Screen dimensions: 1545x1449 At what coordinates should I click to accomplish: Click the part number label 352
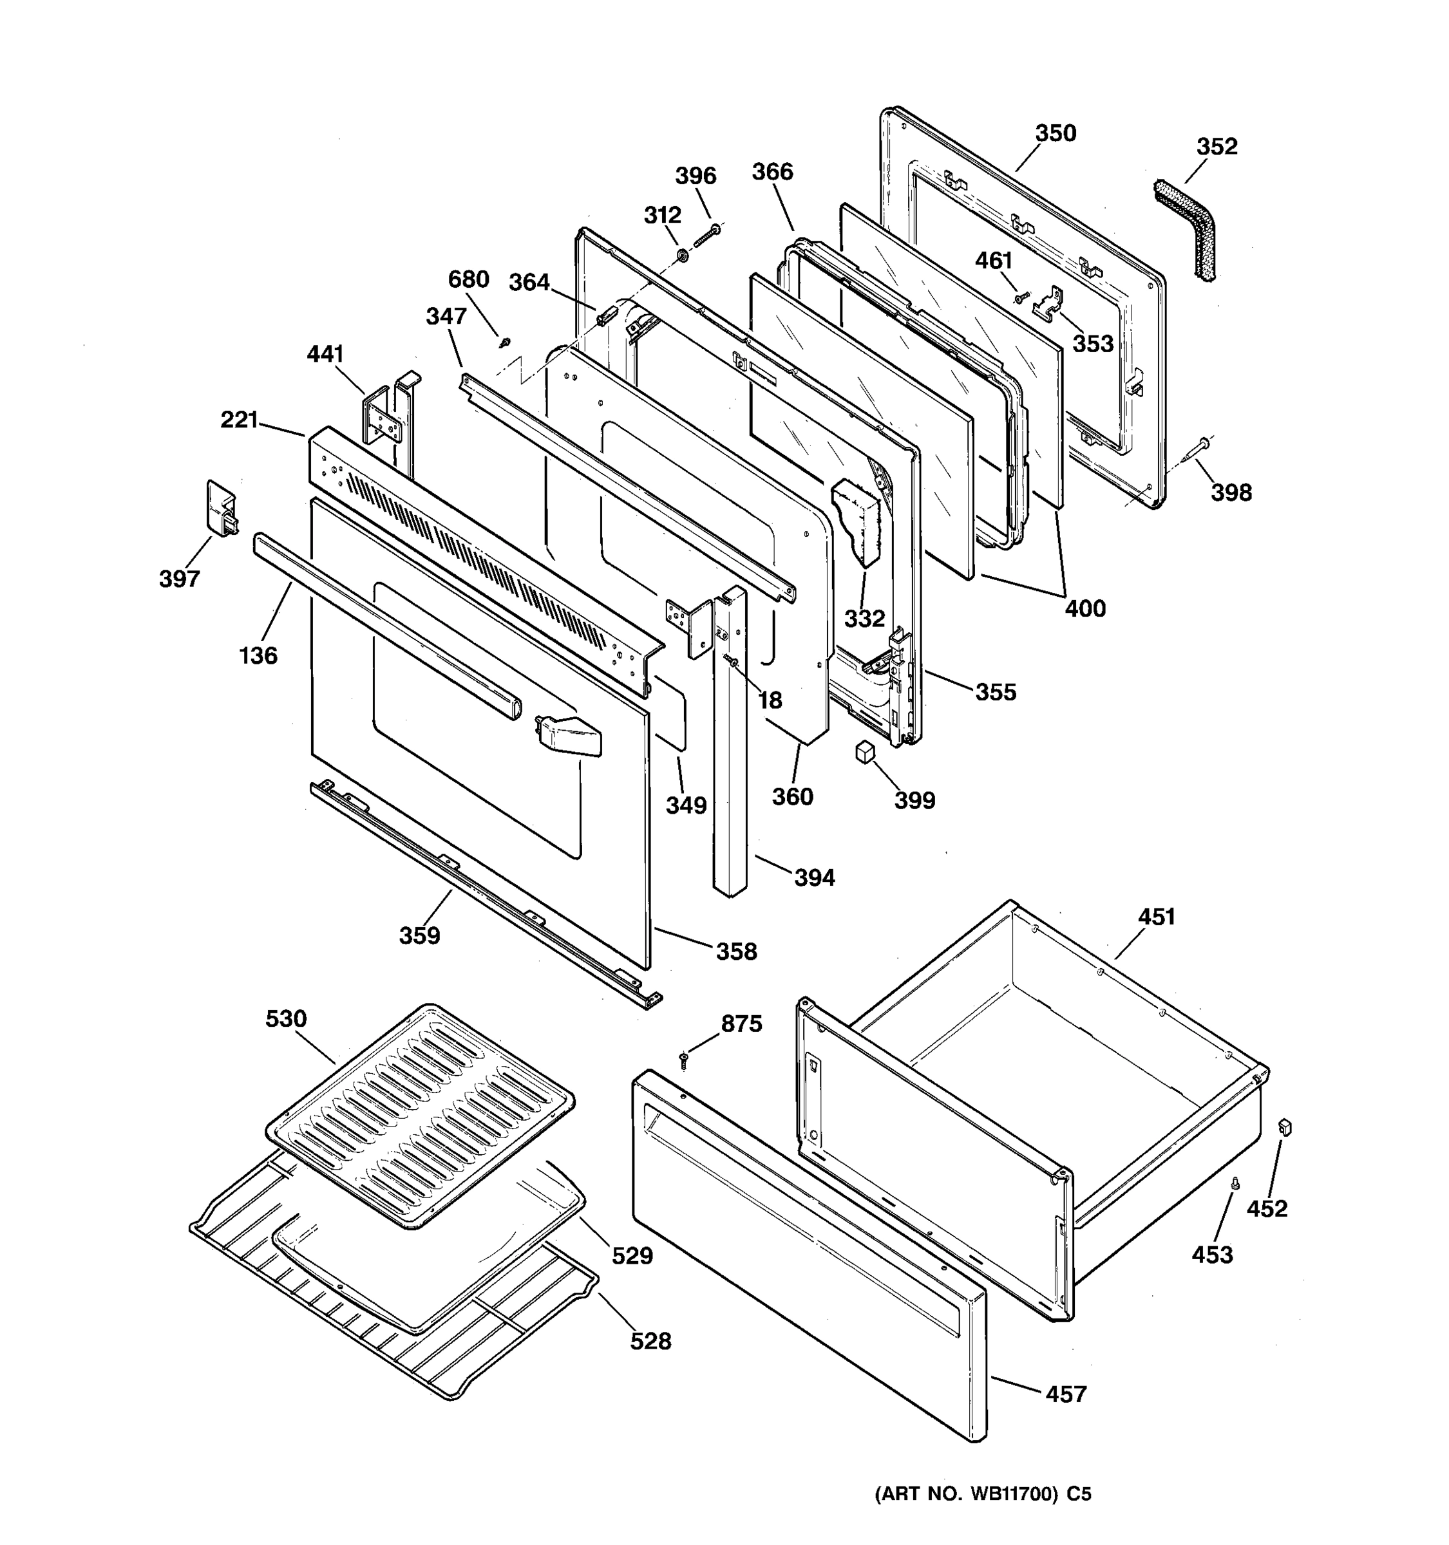pyautogui.click(x=1217, y=146)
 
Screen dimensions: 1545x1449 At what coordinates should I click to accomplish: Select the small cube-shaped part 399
pyautogui.click(x=864, y=753)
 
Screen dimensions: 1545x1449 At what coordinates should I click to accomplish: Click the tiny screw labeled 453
pyautogui.click(x=1236, y=1183)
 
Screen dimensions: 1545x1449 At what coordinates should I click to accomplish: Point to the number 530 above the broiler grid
pyautogui.click(x=286, y=1019)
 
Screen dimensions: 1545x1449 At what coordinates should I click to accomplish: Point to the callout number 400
pyautogui.click(x=1084, y=608)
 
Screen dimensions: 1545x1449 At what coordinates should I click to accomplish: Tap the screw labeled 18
pyautogui.click(x=731, y=660)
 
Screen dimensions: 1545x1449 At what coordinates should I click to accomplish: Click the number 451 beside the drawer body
pyautogui.click(x=1156, y=917)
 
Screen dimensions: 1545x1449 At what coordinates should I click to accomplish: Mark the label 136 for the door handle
pyautogui.click(x=258, y=655)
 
